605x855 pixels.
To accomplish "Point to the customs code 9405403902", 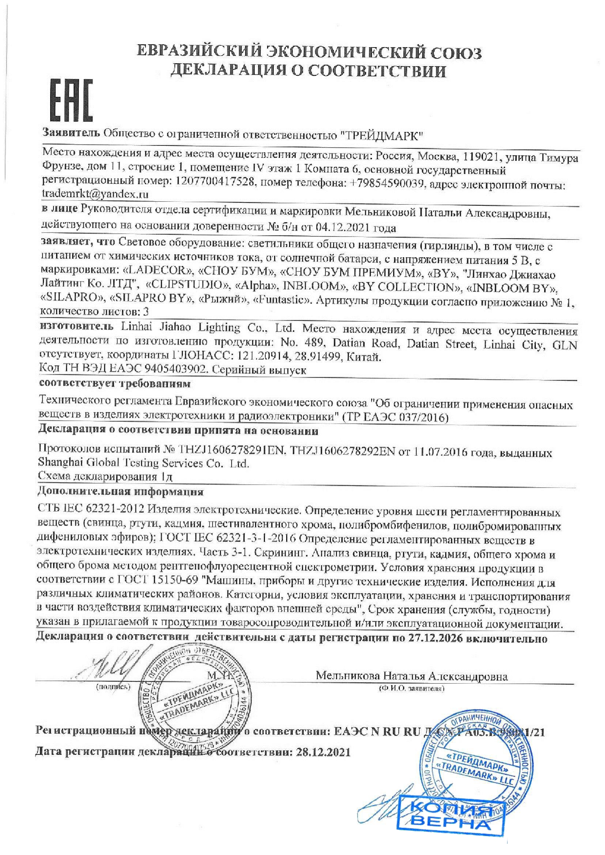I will click(x=175, y=370).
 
